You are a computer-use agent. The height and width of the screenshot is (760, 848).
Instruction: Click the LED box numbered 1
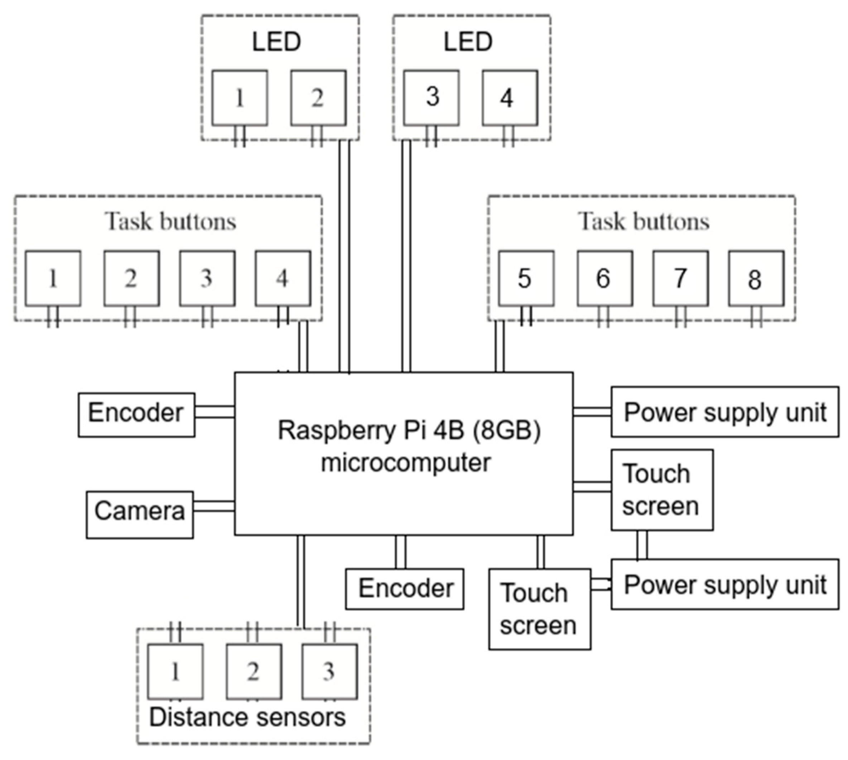[x=240, y=98]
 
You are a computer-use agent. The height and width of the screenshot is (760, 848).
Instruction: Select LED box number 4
[x=510, y=98]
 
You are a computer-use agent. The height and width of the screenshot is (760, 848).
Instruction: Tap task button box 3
[x=207, y=279]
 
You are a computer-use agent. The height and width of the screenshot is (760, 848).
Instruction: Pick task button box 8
[x=756, y=279]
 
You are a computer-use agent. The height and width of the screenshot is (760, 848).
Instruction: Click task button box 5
[x=526, y=279]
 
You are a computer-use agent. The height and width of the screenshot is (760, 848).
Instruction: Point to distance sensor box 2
[x=254, y=672]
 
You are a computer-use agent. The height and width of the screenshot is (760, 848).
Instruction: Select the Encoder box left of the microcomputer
[x=136, y=415]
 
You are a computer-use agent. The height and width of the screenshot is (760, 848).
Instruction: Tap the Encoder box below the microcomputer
[x=405, y=589]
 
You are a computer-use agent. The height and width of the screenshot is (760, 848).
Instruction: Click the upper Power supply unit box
[x=725, y=412]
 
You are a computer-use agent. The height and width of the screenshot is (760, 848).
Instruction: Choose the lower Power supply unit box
[x=725, y=585]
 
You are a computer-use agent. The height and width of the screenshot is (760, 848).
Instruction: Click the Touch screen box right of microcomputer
[x=662, y=490]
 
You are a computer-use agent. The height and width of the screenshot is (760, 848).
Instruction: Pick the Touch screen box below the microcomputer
[x=539, y=609]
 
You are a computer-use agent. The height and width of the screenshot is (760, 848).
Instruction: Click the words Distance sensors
[x=247, y=717]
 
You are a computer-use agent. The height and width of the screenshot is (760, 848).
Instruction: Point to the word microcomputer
[x=405, y=463]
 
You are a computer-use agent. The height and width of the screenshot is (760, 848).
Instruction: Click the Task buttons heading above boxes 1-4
[x=170, y=221]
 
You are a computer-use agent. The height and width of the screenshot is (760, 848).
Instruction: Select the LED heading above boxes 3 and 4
[x=468, y=42]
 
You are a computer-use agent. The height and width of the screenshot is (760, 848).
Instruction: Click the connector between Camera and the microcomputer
[x=214, y=506]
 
